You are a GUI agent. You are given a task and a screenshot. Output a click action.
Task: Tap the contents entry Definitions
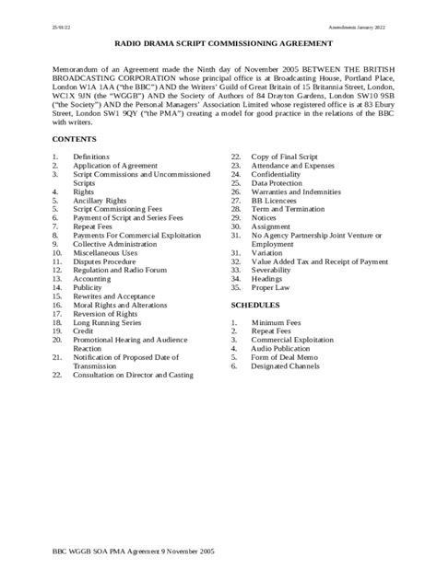[x=91, y=157]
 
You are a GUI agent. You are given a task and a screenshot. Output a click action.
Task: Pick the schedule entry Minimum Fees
[x=278, y=323]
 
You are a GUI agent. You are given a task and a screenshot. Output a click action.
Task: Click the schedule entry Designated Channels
[x=289, y=366]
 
